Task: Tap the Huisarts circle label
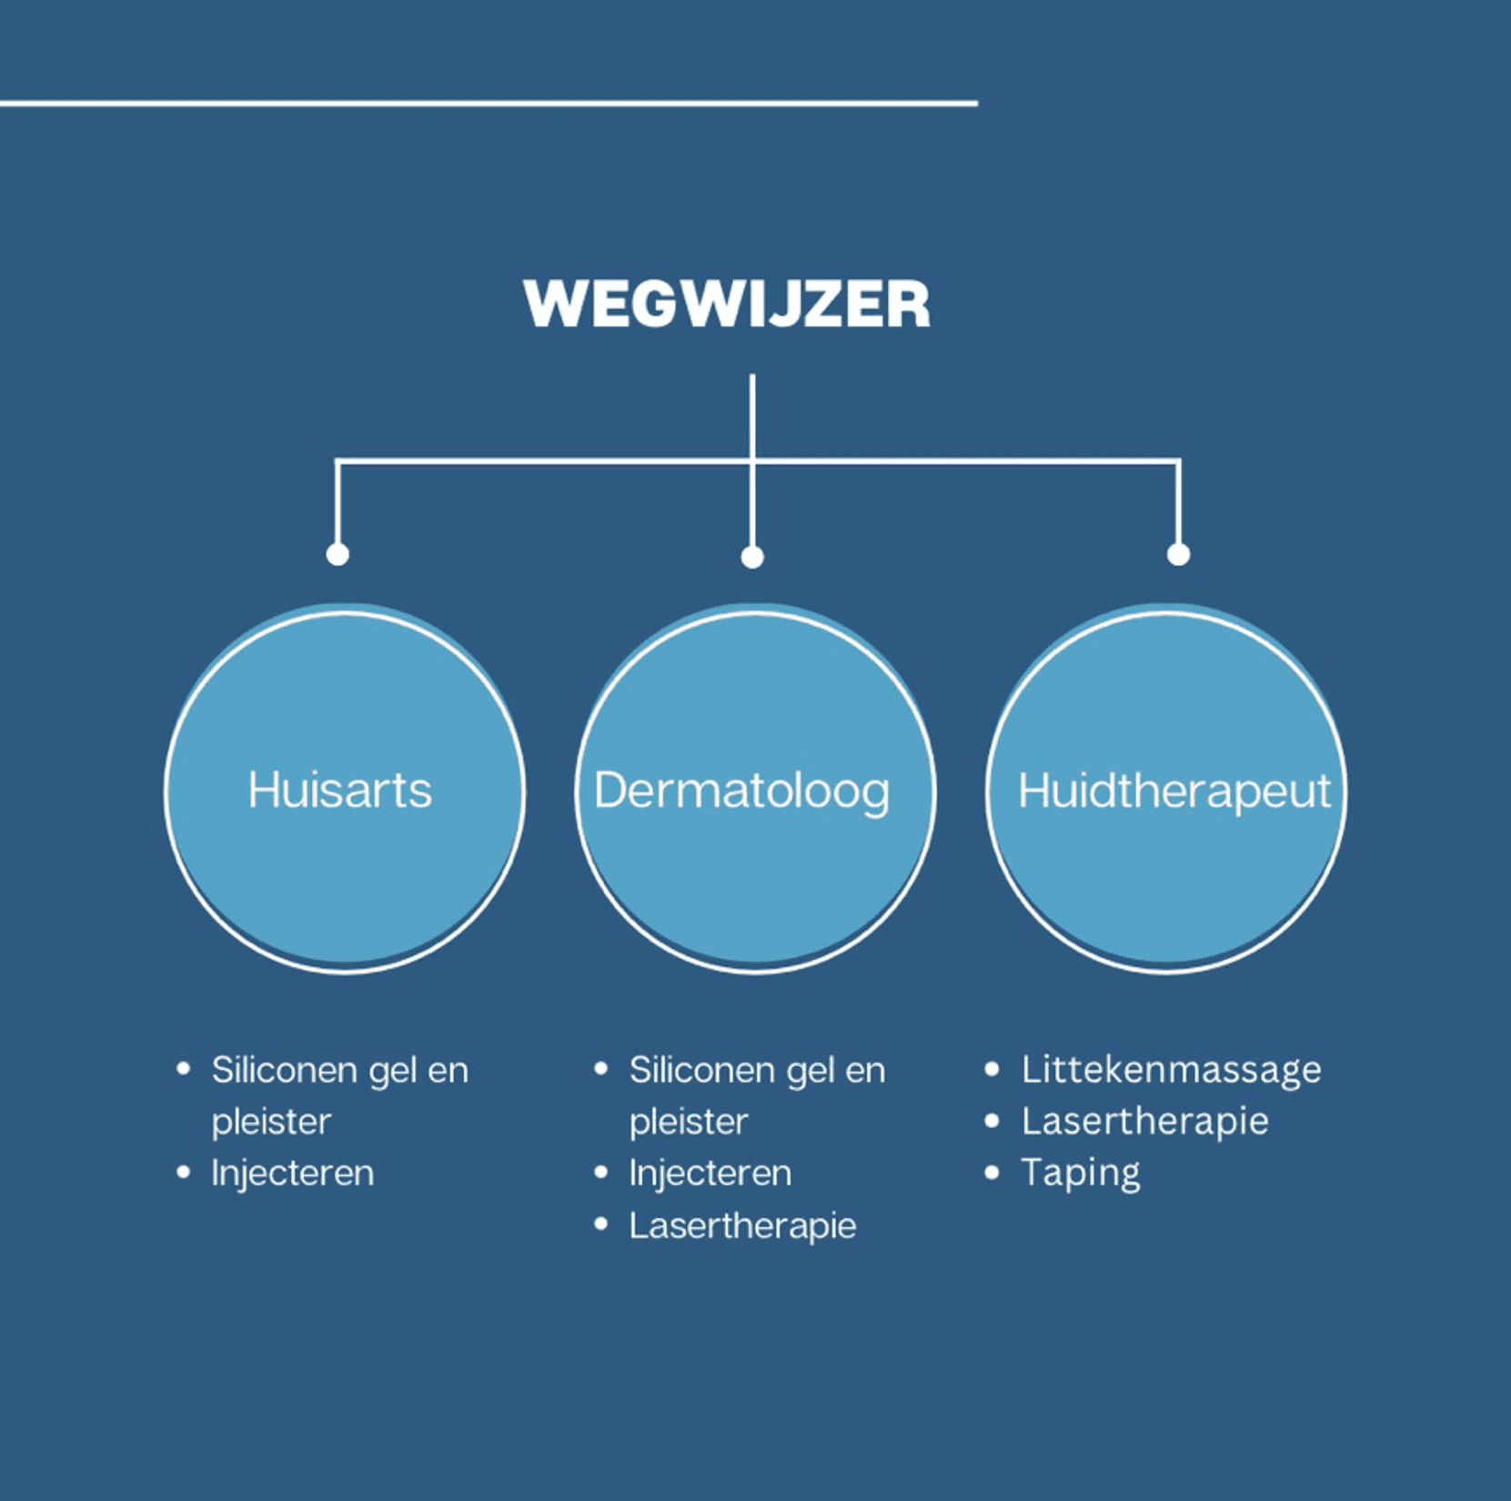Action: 340,790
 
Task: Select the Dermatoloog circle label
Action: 741,791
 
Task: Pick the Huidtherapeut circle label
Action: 1174,791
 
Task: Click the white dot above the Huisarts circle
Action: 337,554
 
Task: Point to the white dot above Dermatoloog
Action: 752,557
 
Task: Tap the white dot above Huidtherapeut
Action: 1178,554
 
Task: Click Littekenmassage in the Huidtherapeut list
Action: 1171,1070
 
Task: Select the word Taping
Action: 1080,1173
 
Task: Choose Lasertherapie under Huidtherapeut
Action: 1144,1122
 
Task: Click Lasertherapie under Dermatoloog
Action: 742,1225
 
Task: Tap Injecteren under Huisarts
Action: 292,1173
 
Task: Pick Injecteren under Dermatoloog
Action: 710,1173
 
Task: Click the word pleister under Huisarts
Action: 271,1122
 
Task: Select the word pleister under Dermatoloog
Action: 689,1122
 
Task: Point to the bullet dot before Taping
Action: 992,1173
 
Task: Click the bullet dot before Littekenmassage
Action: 992,1070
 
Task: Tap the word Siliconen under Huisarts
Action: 284,1070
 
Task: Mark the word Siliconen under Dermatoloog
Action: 701,1070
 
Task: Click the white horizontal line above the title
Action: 489,104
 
